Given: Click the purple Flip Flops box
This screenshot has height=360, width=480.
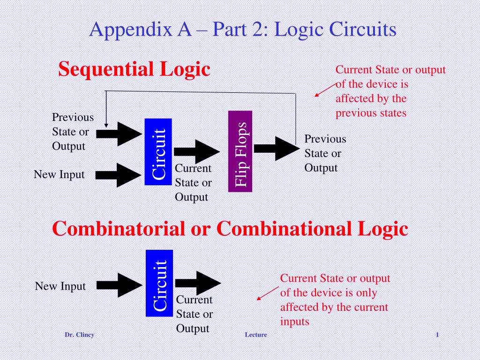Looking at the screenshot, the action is pos(240,151).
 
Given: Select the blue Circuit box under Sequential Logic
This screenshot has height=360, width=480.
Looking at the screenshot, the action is pos(158,152).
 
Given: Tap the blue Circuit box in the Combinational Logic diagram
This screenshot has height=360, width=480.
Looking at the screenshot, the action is pos(159,283).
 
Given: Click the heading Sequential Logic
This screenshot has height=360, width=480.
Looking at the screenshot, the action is pos(134,69).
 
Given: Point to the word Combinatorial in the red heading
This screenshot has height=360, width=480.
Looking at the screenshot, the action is pos(119,228).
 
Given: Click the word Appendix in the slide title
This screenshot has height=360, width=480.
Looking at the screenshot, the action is pos(131,30).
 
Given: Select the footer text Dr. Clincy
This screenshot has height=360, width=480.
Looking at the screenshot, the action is pos(79,335).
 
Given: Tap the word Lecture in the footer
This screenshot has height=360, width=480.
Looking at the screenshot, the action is pos(256,335).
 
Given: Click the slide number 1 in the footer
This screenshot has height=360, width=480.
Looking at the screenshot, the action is pos(437,335).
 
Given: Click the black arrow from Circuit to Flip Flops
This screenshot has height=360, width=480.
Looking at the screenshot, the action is pos(197,151).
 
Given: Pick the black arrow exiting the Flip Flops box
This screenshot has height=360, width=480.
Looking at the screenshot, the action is pos(277,149).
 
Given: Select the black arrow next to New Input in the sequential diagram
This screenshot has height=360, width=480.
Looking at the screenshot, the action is pos(119,175).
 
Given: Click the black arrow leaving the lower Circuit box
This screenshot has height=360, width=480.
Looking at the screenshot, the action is pos(198,283).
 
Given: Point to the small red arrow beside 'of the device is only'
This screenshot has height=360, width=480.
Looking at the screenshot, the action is pos(268,293).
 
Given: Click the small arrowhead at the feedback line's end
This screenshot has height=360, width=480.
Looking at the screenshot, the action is pos(106,125).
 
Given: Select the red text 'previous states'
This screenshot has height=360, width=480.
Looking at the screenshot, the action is pos(371,113).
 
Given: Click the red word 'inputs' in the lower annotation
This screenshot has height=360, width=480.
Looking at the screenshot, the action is pos(295,322).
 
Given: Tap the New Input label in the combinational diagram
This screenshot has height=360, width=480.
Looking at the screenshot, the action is pos(60,286).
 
